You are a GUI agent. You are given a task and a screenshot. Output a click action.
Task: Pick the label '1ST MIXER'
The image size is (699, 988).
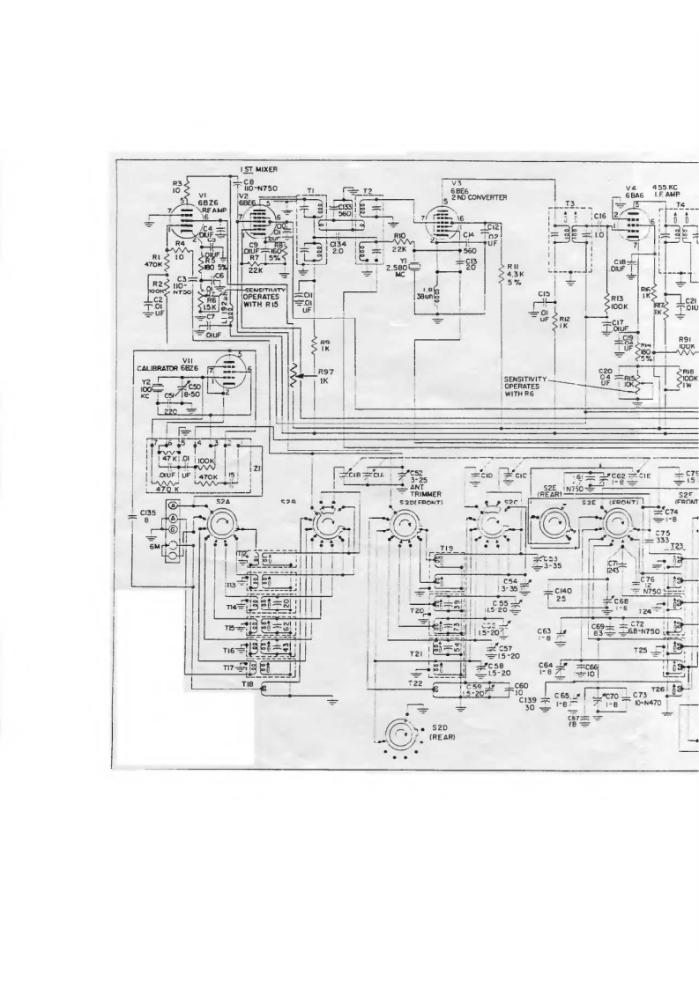tap(257, 169)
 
